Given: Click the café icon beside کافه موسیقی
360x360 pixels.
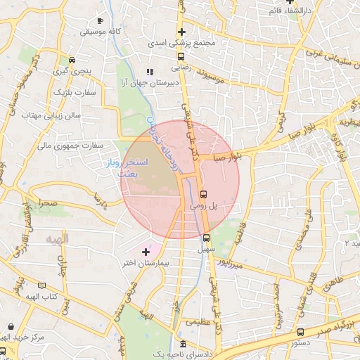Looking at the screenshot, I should click(x=101, y=20).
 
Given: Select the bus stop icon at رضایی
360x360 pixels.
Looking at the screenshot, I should click(x=181, y=56).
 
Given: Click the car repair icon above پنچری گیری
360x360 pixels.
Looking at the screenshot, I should click(x=72, y=60).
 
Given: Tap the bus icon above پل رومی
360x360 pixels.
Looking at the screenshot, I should click(x=204, y=194).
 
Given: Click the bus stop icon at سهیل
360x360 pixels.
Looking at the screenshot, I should click(x=205, y=237).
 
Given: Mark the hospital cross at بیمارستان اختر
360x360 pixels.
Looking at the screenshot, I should click(x=146, y=251).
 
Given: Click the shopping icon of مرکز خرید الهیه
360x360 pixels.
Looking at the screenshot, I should click(x=11, y=326).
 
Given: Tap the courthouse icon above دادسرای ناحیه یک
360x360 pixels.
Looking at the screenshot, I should click(x=184, y=344).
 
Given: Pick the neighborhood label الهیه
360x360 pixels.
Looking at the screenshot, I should click(x=57, y=240).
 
